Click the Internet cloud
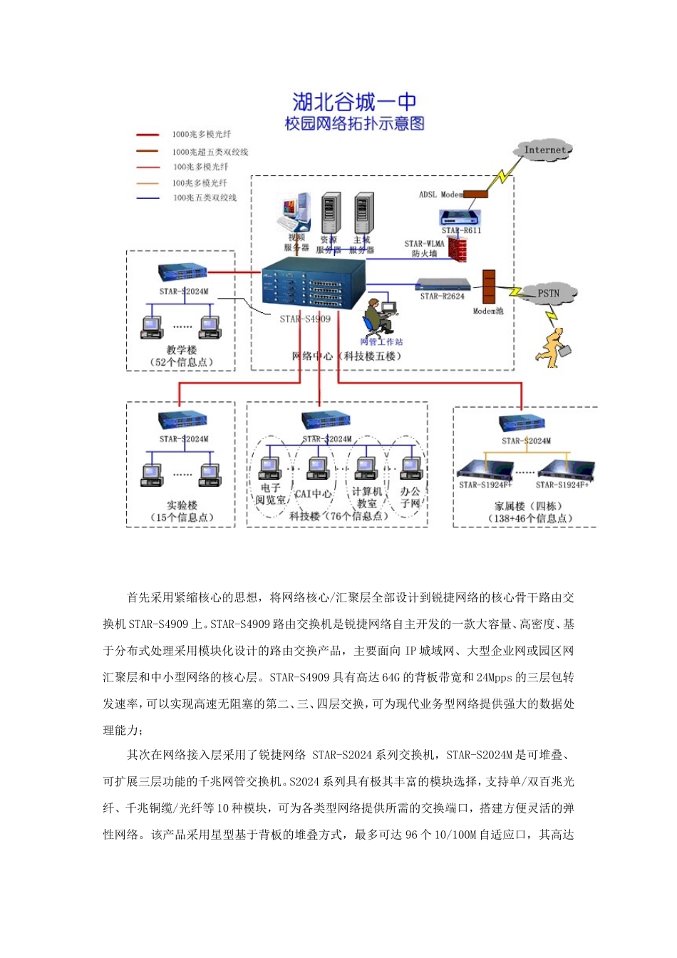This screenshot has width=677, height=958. tap(544, 150)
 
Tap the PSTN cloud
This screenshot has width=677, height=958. tap(547, 293)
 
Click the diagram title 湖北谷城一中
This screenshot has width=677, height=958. tap(354, 101)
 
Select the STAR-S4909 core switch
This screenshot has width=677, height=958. tap(314, 284)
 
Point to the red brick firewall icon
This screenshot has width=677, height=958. tap(458, 249)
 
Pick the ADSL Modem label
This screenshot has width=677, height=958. tap(440, 194)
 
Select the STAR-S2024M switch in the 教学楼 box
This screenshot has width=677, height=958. tap(183, 272)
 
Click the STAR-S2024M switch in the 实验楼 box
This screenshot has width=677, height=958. tap(183, 420)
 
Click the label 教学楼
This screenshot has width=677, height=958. tap(182, 350)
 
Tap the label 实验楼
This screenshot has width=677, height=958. tap(182, 505)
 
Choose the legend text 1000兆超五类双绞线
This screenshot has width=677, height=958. tap(210, 152)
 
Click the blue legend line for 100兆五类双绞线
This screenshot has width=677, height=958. tap(148, 198)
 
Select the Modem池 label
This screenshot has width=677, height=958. tap(488, 311)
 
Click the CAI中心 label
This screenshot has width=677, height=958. tap(313, 493)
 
